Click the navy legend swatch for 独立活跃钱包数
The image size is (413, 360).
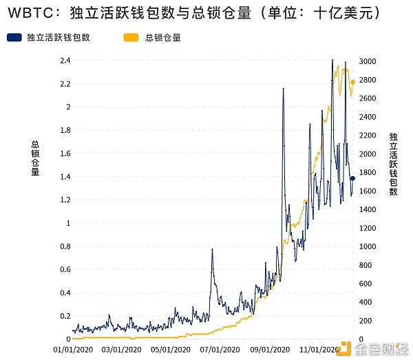(x=14, y=38)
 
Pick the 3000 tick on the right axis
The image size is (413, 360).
(x=368, y=61)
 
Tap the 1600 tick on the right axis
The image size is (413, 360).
(x=368, y=191)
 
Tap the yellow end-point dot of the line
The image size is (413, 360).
(x=353, y=83)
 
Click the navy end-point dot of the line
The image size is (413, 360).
(x=353, y=178)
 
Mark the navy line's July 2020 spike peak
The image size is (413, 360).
(x=212, y=249)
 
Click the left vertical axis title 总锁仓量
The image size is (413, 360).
(x=35, y=158)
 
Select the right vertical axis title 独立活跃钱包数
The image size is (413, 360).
(x=393, y=164)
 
